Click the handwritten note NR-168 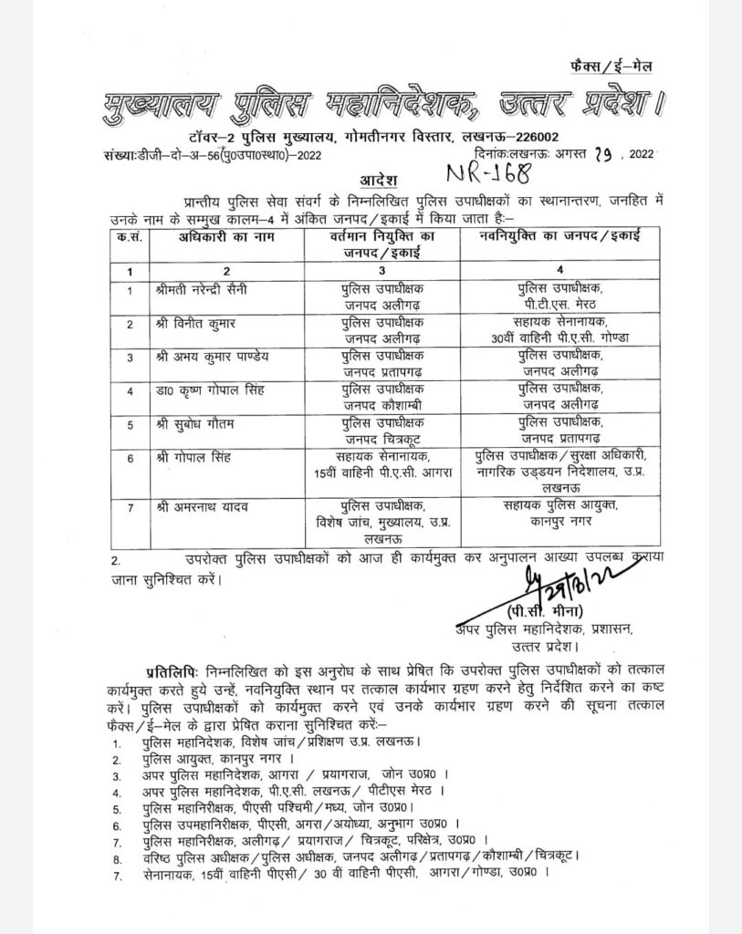[488, 171]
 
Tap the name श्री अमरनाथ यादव [199, 505]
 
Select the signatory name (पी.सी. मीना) [548, 610]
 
